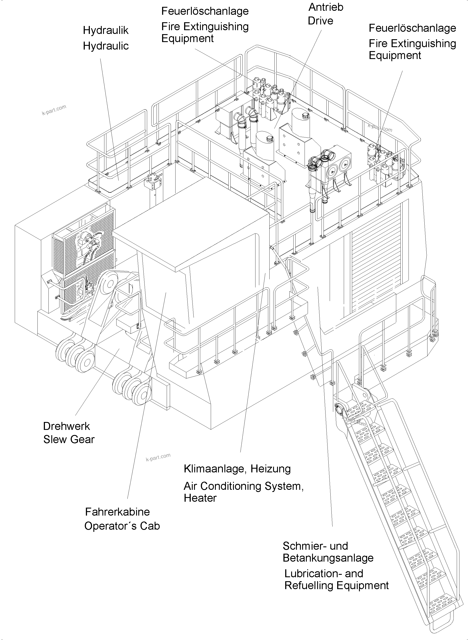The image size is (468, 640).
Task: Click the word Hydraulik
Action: [x=105, y=30]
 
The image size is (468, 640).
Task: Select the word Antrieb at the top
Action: [x=326, y=7]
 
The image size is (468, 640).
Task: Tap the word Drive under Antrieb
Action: [x=320, y=21]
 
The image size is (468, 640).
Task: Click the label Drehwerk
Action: [x=66, y=426]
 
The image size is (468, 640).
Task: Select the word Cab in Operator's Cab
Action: [x=150, y=526]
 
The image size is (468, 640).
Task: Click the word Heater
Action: [x=200, y=498]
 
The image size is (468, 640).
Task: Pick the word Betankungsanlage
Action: [x=328, y=558]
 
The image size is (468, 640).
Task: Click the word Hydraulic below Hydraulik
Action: [x=106, y=46]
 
